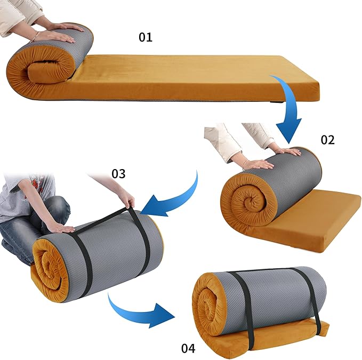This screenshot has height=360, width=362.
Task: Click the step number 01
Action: [146, 37]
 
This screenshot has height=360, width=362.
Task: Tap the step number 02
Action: [327, 140]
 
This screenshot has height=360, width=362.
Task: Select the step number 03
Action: [118, 174]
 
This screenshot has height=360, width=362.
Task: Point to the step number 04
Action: [188, 348]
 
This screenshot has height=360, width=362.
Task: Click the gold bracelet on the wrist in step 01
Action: [37, 35]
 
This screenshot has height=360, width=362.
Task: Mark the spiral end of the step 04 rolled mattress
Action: [208, 307]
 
